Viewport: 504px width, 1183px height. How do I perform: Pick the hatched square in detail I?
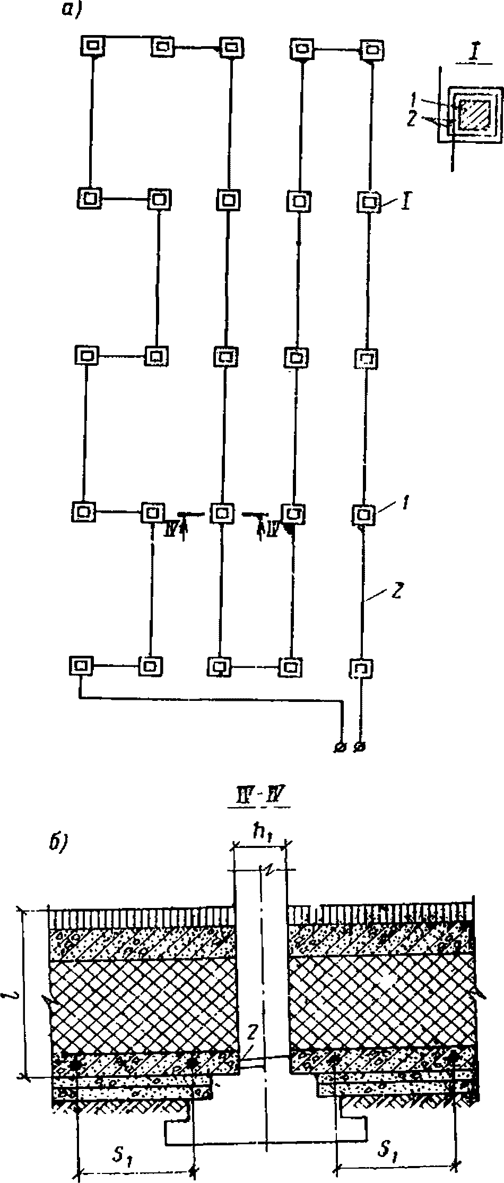pyautogui.click(x=473, y=115)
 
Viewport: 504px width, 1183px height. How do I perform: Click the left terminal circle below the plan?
pyautogui.click(x=340, y=747)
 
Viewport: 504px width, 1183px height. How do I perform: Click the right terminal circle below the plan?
pyautogui.click(x=361, y=747)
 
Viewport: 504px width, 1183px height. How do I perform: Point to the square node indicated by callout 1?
pyautogui.click(x=364, y=513)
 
